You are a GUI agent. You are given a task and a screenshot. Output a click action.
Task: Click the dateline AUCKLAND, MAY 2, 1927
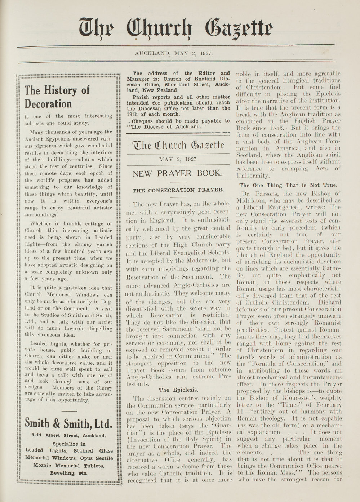[174, 53]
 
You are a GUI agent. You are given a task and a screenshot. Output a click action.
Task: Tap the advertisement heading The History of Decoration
[57, 97]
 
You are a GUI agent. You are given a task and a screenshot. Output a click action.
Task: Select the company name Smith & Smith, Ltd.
[69, 423]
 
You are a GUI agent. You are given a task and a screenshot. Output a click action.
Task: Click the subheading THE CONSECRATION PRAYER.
[178, 190]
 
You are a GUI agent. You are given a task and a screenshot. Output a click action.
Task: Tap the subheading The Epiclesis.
[178, 390]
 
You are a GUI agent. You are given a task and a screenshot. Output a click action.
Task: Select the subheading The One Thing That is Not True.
[288, 185]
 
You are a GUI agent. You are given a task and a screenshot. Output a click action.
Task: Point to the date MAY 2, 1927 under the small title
[178, 159]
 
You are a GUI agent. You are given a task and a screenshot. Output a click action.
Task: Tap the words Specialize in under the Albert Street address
[69, 444]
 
